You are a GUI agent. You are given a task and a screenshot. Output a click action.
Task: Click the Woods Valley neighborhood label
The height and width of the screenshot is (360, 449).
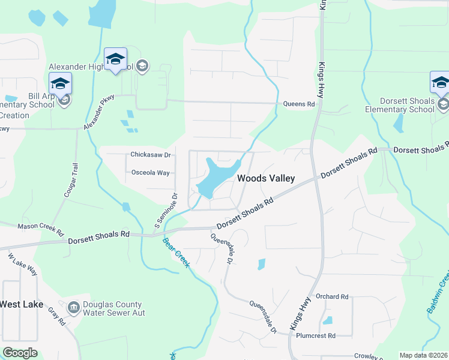coord(266,178)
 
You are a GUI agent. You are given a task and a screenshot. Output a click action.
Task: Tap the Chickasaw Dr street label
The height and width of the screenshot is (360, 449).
coord(151,155)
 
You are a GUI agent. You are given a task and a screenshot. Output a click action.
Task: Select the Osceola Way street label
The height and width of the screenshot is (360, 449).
coord(151,173)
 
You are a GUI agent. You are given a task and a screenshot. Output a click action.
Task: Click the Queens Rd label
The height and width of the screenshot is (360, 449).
coord(299,104)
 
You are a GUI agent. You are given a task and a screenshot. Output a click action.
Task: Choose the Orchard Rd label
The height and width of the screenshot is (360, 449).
coord(332,296)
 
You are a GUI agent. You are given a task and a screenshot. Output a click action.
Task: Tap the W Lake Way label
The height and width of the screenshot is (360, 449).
coord(22,264)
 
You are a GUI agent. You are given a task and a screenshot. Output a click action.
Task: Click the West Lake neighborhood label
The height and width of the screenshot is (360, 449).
coord(21,304)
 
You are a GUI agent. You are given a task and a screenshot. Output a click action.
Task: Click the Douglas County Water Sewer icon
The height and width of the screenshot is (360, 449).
coord(74,308)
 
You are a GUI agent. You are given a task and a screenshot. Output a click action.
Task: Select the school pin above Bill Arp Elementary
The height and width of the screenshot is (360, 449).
coord(60,84)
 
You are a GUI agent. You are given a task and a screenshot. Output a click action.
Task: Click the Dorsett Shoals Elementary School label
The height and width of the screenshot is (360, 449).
coord(400,105)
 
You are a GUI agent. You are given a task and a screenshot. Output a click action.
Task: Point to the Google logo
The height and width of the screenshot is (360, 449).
coord(20,353)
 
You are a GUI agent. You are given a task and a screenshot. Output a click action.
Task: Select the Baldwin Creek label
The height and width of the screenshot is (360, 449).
coord(439,292)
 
